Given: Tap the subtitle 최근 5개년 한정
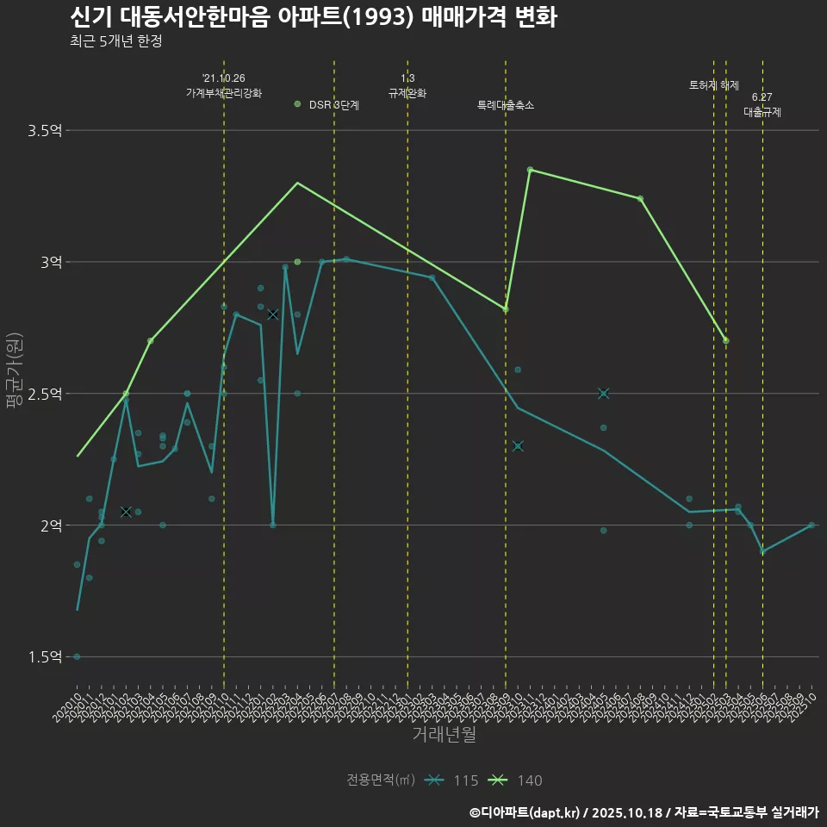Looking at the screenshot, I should (115, 41).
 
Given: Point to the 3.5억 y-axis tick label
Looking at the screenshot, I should (45, 131).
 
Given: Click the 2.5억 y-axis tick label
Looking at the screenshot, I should (45, 394).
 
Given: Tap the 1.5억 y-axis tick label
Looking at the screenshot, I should (45, 657).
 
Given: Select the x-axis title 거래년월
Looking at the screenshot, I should (444, 735).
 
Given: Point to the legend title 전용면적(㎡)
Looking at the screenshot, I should (381, 780).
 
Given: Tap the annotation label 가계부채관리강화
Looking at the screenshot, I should (224, 93).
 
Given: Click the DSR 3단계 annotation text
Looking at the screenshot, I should (333, 105).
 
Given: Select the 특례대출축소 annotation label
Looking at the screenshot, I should (506, 105).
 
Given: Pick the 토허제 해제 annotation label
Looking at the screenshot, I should (714, 85).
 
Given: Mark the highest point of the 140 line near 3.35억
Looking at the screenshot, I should (530, 170).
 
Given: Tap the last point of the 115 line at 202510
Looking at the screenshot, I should (811, 525).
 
